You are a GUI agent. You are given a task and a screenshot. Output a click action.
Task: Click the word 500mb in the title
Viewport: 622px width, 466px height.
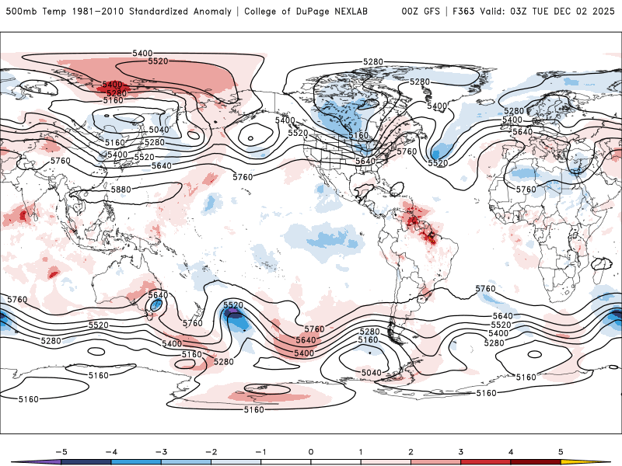coord(19,12)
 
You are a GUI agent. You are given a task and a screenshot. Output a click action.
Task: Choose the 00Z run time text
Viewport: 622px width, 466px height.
coord(411,12)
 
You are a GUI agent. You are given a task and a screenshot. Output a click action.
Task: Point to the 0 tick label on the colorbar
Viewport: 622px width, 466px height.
coord(310,450)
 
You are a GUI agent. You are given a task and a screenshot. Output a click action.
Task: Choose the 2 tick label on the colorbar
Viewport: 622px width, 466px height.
coord(411,450)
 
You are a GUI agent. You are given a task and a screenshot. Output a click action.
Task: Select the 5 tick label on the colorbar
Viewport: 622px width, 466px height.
coord(561,450)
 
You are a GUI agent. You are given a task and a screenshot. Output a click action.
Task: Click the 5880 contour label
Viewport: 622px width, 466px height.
coord(121,189)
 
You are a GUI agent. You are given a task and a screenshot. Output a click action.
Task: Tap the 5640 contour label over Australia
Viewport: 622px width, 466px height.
coord(158,295)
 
